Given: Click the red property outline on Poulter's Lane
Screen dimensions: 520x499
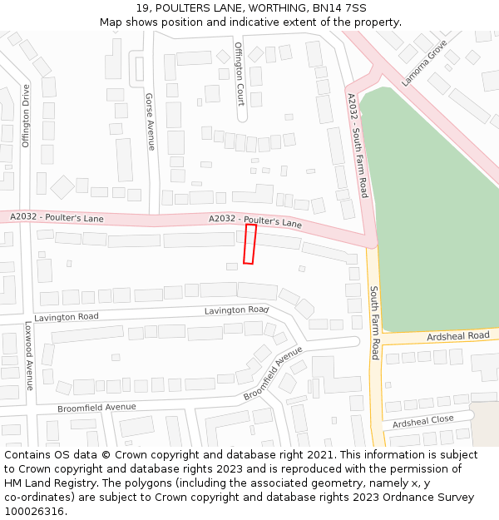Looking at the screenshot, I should pyautogui.click(x=249, y=244).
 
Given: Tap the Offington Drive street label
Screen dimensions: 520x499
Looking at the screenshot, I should pyautogui.click(x=26, y=116).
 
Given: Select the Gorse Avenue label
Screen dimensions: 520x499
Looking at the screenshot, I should pyautogui.click(x=150, y=121).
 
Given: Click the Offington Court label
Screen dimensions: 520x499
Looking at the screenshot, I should pyautogui.click(x=240, y=74).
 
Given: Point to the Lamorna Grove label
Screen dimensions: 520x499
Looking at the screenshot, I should pyautogui.click(x=424, y=63).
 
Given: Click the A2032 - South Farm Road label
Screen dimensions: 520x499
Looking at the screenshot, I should pyautogui.click(x=358, y=146).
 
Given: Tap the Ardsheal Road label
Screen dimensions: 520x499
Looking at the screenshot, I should pyautogui.click(x=457, y=336).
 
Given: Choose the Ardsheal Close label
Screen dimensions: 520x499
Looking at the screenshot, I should pyautogui.click(x=422, y=421).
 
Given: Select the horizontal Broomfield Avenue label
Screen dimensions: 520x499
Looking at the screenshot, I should pyautogui.click(x=96, y=408).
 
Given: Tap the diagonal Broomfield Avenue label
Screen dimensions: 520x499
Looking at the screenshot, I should pyautogui.click(x=273, y=374).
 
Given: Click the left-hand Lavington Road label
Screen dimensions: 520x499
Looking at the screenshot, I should pyautogui.click(x=67, y=317).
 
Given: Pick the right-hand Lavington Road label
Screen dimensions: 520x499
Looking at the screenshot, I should pyautogui.click(x=237, y=310).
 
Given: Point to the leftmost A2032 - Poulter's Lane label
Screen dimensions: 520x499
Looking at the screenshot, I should pyautogui.click(x=57, y=218).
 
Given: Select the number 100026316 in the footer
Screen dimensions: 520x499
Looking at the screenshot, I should pyautogui.click(x=34, y=512).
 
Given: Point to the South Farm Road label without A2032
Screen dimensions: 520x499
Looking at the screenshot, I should pyautogui.click(x=374, y=323).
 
